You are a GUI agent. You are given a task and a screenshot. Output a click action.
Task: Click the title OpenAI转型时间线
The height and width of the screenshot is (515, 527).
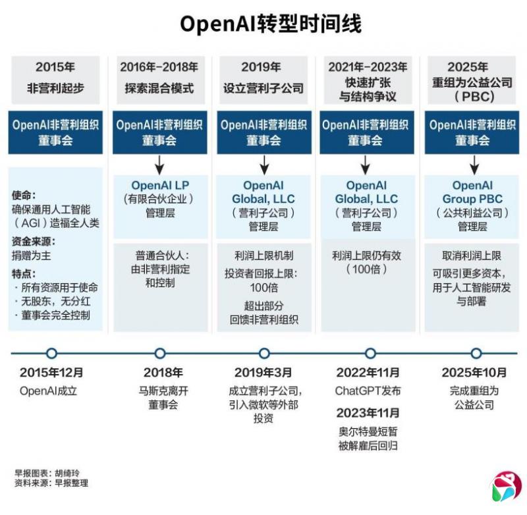(271, 24)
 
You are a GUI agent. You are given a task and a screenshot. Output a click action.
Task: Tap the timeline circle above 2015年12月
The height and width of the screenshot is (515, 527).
(51, 353)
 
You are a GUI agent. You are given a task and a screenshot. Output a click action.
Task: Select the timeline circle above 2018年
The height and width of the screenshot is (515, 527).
(160, 353)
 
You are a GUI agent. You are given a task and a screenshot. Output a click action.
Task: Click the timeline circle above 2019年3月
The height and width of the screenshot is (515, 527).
(264, 353)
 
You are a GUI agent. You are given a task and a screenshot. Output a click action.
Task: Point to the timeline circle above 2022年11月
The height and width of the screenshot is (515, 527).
(370, 353)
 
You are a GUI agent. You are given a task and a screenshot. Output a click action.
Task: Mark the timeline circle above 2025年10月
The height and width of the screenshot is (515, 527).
(476, 353)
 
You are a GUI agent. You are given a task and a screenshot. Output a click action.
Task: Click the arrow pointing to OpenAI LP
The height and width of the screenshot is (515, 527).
(159, 165)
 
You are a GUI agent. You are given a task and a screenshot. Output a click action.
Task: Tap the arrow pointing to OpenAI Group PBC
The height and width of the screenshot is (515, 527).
(474, 165)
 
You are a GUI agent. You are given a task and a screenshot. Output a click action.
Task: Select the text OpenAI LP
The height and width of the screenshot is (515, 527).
(160, 185)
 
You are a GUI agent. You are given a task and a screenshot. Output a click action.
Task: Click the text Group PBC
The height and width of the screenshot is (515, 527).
(472, 199)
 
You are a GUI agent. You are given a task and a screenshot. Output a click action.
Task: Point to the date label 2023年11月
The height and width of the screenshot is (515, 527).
(368, 413)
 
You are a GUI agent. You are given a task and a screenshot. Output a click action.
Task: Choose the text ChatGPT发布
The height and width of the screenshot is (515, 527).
(368, 391)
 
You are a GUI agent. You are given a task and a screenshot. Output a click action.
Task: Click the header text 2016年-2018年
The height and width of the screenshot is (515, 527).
(159, 67)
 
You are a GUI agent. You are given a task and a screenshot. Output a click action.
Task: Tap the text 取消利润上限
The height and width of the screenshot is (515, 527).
(472, 256)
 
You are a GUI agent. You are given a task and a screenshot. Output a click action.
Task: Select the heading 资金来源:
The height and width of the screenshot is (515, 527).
(34, 241)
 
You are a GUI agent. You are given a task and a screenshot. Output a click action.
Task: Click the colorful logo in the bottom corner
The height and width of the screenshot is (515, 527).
(506, 487)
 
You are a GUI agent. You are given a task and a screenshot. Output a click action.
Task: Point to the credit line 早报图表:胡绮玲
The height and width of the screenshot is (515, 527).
(47, 473)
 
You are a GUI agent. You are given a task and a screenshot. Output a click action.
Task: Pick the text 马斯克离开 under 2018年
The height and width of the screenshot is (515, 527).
(163, 391)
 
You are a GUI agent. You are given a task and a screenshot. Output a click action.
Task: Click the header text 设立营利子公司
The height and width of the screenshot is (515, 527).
(263, 88)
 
